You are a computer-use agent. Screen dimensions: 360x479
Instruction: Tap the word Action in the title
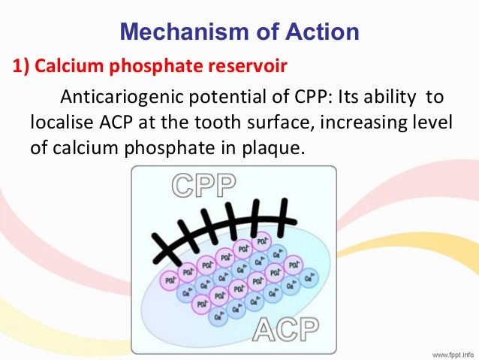click(321, 32)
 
